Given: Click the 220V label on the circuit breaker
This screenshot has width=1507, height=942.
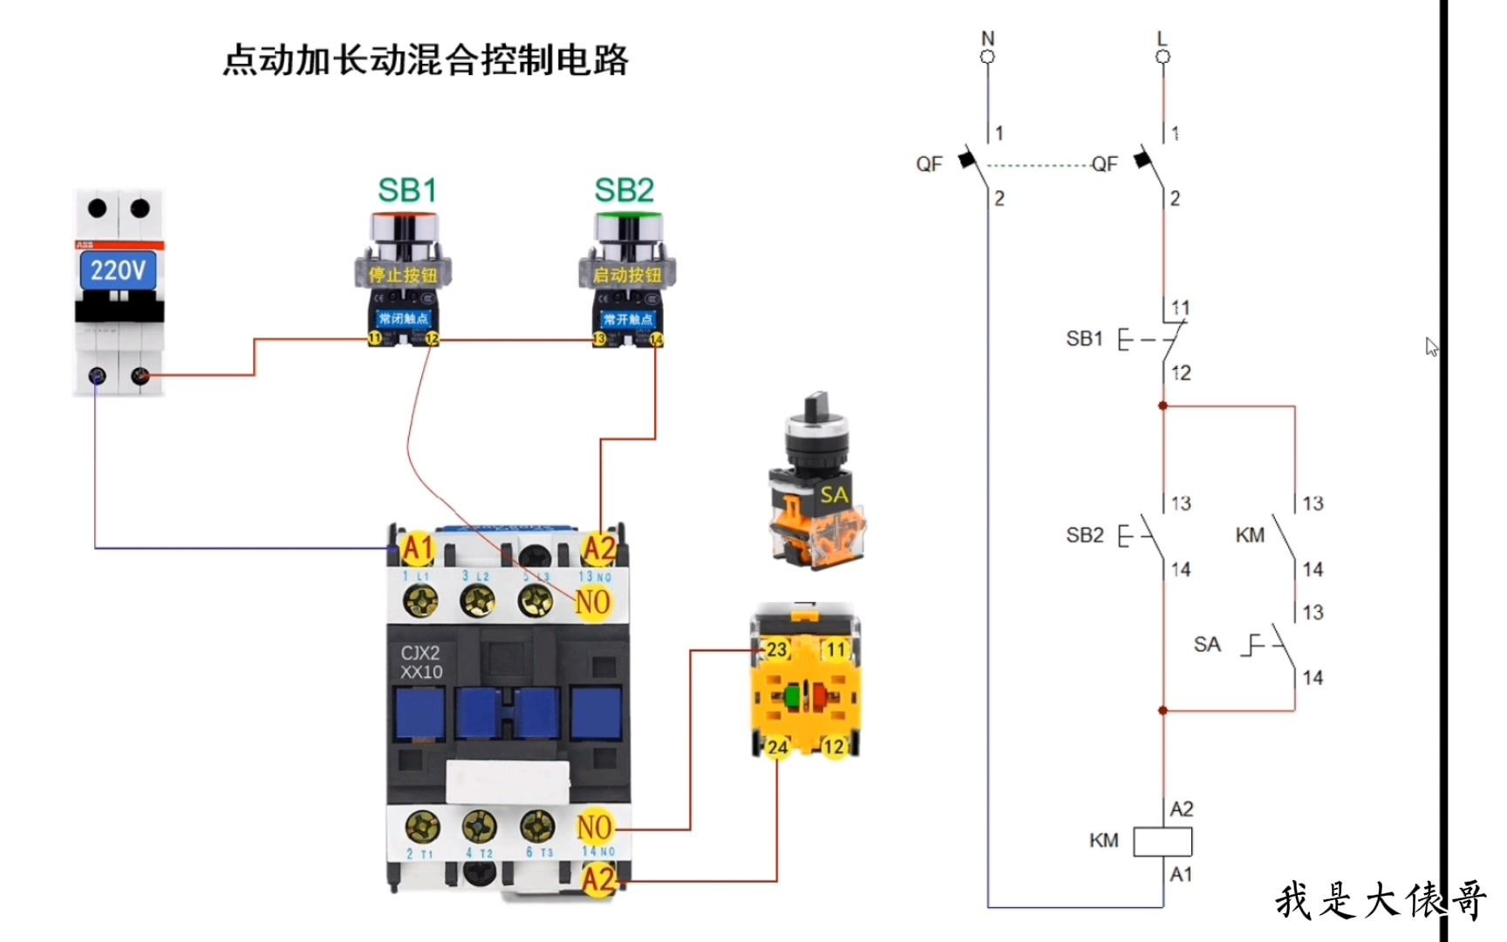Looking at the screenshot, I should pyautogui.click(x=118, y=270).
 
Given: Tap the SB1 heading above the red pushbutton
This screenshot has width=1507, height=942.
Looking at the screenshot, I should pyautogui.click(x=407, y=190).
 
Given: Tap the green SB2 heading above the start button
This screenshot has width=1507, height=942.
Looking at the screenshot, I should pyautogui.click(x=624, y=190).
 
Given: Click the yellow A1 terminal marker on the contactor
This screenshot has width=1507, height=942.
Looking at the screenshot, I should pyautogui.click(x=418, y=549).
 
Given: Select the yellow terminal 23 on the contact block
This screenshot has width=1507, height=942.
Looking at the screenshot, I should pyautogui.click(x=775, y=650).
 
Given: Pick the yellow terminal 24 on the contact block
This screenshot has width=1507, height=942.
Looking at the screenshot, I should pyautogui.click(x=776, y=747).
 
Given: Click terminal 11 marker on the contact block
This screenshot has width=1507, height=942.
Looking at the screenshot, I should pyautogui.click(x=835, y=650).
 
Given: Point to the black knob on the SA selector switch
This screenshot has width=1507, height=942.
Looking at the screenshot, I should pyautogui.click(x=817, y=406).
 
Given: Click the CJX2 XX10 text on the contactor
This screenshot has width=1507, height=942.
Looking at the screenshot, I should pyautogui.click(x=421, y=662).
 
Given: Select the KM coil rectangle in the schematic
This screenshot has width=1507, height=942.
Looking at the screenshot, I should pyautogui.click(x=1162, y=842).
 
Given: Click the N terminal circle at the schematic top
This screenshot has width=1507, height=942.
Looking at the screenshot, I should pyautogui.click(x=987, y=57).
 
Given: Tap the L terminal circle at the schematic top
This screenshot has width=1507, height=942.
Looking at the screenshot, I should pyautogui.click(x=1163, y=57).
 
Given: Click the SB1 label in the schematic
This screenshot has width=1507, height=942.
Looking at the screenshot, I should pyautogui.click(x=1084, y=338).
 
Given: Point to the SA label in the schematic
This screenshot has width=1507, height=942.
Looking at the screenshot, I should pyautogui.click(x=1207, y=645).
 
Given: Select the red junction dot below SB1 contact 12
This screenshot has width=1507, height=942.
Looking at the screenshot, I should pyautogui.click(x=1163, y=406).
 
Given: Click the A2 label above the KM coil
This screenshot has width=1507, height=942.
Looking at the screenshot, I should pyautogui.click(x=1182, y=809).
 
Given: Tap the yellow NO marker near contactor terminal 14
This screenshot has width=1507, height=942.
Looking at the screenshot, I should pyautogui.click(x=595, y=827).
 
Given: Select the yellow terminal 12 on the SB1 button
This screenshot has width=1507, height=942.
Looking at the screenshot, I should pyautogui.click(x=432, y=339).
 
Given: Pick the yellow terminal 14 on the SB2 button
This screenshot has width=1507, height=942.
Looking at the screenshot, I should pyautogui.click(x=656, y=339).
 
